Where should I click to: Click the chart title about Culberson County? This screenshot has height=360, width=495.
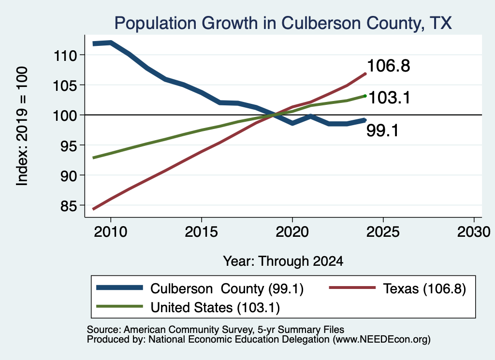(x=283, y=23)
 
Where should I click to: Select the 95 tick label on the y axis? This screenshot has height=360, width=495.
(x=69, y=146)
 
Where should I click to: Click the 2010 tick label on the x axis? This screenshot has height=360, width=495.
(x=111, y=232)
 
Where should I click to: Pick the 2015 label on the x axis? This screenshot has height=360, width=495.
(x=202, y=232)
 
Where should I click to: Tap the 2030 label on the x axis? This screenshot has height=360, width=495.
(x=474, y=232)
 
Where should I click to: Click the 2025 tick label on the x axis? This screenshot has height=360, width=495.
(x=383, y=232)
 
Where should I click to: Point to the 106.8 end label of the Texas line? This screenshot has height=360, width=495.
(x=389, y=66)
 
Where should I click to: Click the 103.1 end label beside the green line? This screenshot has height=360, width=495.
(x=389, y=98)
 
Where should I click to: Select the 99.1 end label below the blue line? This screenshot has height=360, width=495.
(x=383, y=130)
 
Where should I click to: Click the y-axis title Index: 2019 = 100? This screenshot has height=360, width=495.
(x=22, y=126)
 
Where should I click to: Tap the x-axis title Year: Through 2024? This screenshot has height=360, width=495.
(x=283, y=261)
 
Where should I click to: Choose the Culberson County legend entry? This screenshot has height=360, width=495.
(x=200, y=288)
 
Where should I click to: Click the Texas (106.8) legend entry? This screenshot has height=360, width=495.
(x=398, y=288)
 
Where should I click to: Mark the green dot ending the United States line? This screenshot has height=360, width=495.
(x=365, y=96)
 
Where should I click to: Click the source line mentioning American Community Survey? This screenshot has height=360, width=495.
(x=215, y=330)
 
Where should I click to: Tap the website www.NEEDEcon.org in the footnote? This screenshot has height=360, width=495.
(x=381, y=340)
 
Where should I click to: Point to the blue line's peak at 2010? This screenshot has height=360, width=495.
(x=111, y=43)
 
